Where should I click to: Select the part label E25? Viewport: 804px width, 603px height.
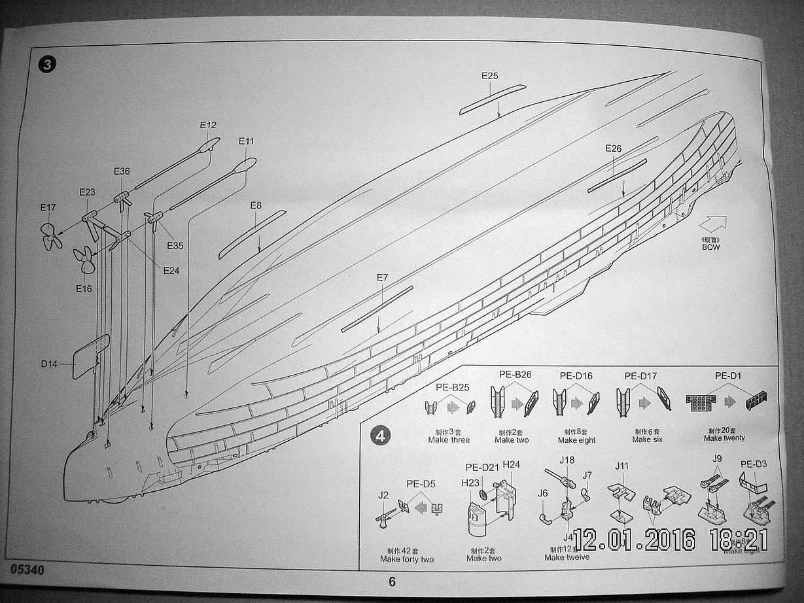[x=489, y=76]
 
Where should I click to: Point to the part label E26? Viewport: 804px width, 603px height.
[x=613, y=148]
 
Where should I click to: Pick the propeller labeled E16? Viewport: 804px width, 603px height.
[x=84, y=261]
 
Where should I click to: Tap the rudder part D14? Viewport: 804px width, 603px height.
[x=90, y=356]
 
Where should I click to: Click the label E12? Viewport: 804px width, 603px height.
[x=208, y=126]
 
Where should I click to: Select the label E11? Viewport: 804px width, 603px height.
[x=247, y=141]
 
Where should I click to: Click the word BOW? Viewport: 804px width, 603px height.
[x=711, y=247]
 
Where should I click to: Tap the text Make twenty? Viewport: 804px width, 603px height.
[x=724, y=438]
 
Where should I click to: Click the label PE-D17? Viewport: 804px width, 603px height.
[x=640, y=376]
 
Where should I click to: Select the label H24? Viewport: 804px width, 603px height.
[x=512, y=465]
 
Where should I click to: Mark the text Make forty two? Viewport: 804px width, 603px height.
[x=407, y=559]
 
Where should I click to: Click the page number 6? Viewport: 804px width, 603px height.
[x=392, y=582]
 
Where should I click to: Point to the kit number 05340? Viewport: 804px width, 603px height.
[x=27, y=570]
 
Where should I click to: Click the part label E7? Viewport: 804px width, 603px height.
[x=383, y=278]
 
